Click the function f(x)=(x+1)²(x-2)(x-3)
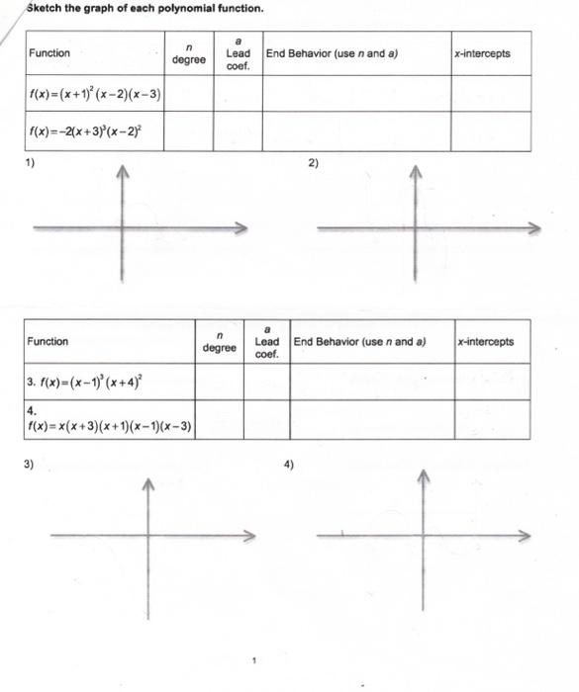96,95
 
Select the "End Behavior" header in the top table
332,53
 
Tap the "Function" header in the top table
49,53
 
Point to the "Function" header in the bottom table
48,342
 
